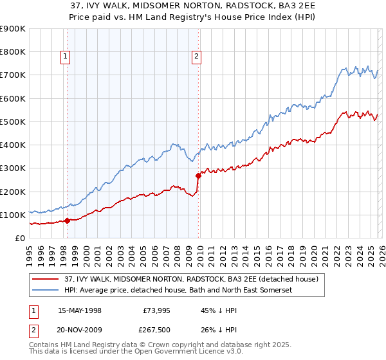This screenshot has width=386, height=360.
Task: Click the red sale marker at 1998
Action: click(x=67, y=221)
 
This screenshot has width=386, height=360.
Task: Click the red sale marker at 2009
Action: click(x=198, y=175)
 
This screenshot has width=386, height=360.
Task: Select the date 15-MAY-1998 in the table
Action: click(x=80, y=310)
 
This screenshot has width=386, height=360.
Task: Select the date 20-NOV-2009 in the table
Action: click(x=80, y=331)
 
